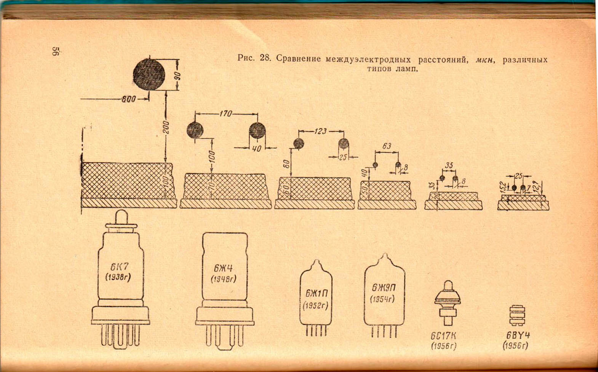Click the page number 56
tap(56, 51)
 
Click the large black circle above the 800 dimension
tap(149, 74)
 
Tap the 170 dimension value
tap(225, 114)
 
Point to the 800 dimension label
tap(128, 99)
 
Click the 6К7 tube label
tap(119, 267)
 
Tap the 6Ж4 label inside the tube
tap(224, 268)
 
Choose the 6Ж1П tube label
tap(316, 293)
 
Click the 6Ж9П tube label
tap(384, 287)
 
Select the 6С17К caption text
tap(443, 336)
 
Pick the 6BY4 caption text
tap(518, 335)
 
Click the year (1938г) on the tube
tap(118, 277)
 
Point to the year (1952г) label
tap(316, 306)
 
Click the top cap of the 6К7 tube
tap(121, 218)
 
